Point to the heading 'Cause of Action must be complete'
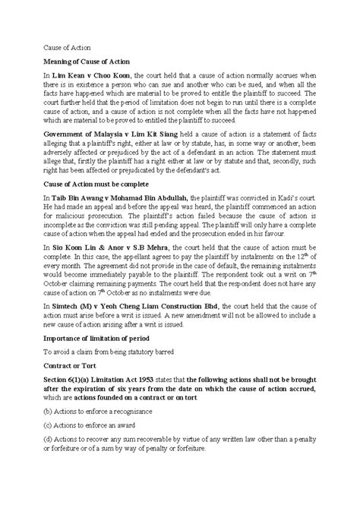pos(95,184)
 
